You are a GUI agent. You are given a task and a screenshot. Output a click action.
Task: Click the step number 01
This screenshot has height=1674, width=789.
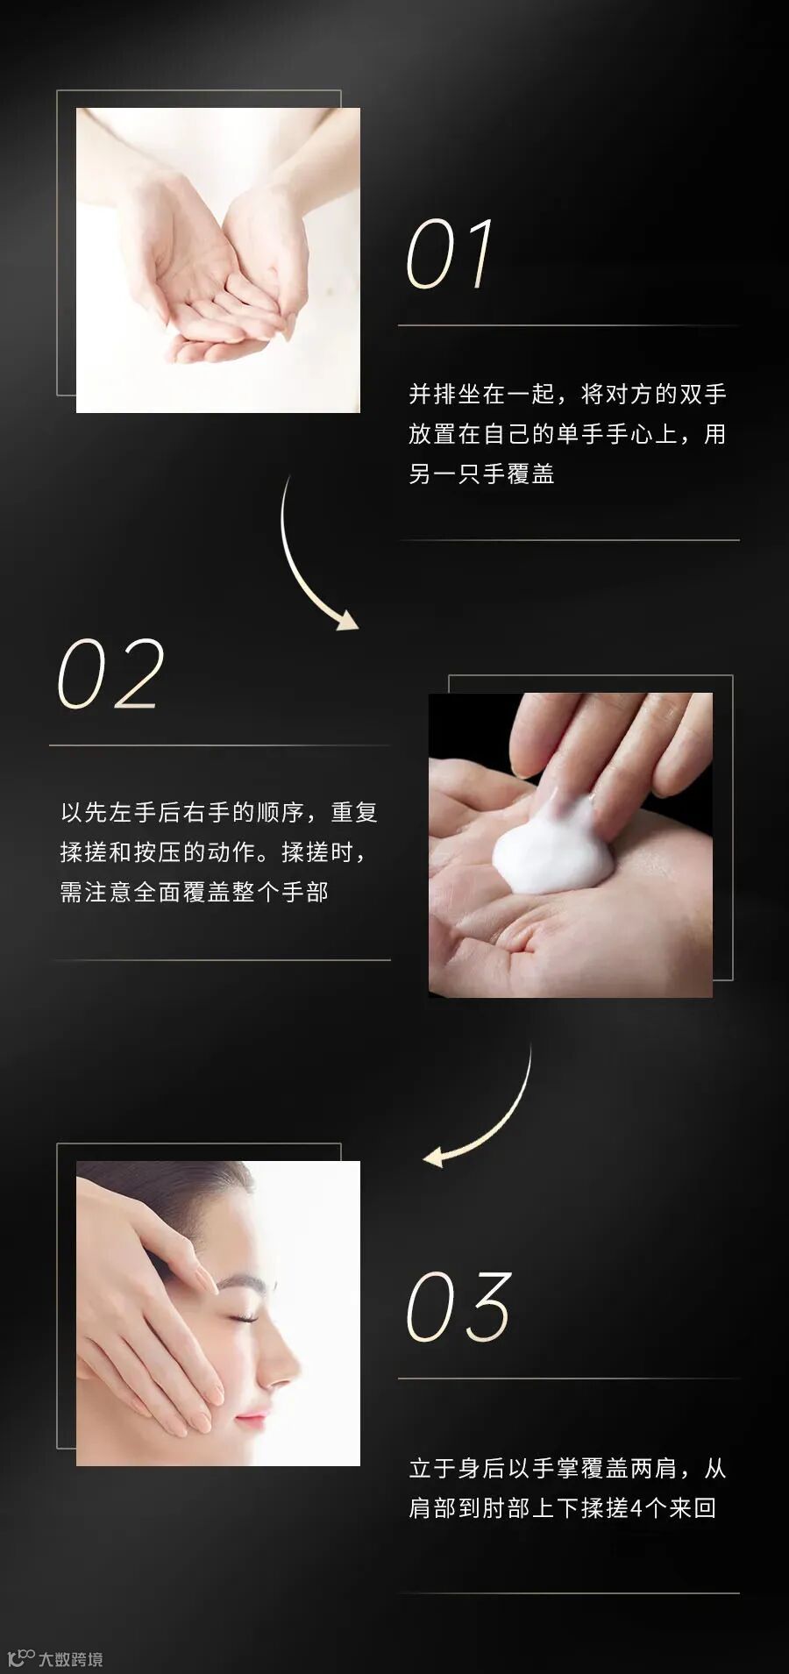pyautogui.click(x=449, y=254)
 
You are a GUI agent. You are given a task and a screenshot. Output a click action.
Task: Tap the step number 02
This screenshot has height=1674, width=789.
pyautogui.click(x=110, y=673)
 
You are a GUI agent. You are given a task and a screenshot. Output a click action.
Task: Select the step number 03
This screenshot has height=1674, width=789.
pyautogui.click(x=458, y=1307)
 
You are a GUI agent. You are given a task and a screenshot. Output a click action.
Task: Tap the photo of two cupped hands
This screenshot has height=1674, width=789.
pyautogui.click(x=218, y=260)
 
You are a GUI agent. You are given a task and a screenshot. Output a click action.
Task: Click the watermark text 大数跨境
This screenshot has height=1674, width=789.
pyautogui.click(x=70, y=1659)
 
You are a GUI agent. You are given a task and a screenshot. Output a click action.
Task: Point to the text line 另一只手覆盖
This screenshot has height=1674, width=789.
pyautogui.click(x=481, y=474)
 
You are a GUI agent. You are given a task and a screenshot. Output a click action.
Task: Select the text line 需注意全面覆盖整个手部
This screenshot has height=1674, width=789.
pyautogui.click(x=194, y=893)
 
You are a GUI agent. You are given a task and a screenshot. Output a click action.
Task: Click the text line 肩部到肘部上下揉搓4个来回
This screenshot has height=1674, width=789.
pyautogui.click(x=563, y=1508)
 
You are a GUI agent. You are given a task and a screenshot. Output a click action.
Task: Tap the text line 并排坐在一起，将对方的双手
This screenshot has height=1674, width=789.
pyautogui.click(x=567, y=395)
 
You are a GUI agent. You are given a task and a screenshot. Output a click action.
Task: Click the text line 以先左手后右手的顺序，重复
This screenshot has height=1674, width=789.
pyautogui.click(x=219, y=813)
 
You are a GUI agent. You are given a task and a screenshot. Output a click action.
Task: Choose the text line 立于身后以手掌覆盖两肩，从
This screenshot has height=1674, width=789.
pyautogui.click(x=567, y=1469)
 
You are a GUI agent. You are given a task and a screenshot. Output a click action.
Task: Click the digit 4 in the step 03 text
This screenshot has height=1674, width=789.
pyautogui.click(x=636, y=1508)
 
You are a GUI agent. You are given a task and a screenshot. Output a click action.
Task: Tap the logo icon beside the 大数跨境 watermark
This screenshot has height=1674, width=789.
pyautogui.click(x=20, y=1658)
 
